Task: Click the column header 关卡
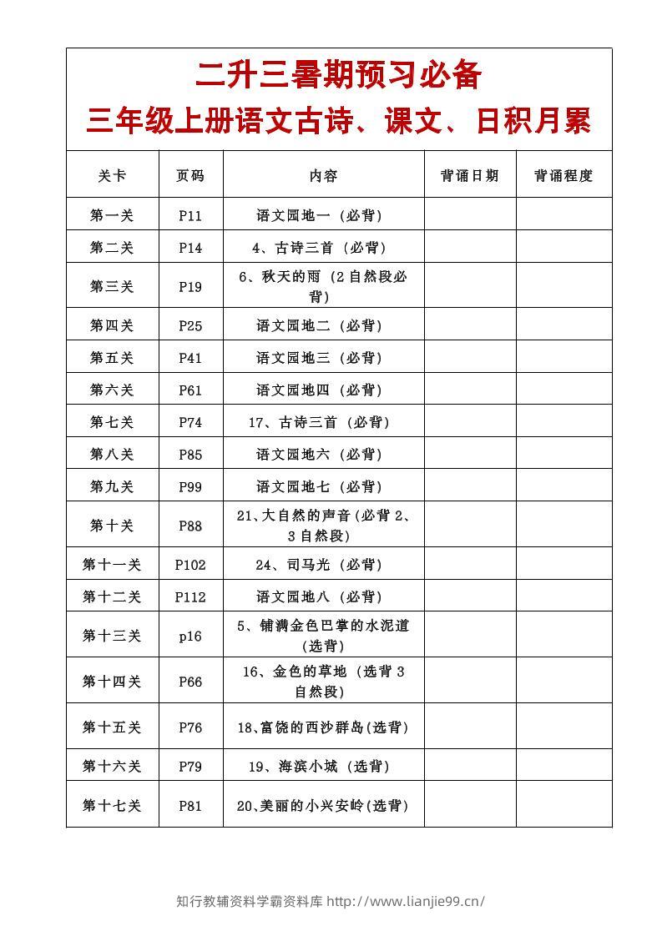pyautogui.click(x=112, y=175)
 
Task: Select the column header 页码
pyautogui.click(x=190, y=175)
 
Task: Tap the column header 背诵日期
pyautogui.click(x=469, y=175)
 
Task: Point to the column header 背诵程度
pyautogui.click(x=563, y=175)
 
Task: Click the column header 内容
pyautogui.click(x=323, y=175)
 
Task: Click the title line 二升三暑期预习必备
pyautogui.click(x=338, y=75)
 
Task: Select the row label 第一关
pyautogui.click(x=112, y=215)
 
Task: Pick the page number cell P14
pyautogui.click(x=190, y=248)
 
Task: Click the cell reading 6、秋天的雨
pyautogui.click(x=323, y=286)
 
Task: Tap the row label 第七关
pyautogui.click(x=112, y=422)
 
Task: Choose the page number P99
pyautogui.click(x=190, y=486)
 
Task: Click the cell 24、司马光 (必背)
pyautogui.click(x=323, y=565)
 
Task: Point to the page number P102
pyautogui.click(x=190, y=565)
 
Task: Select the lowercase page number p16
pyautogui.click(x=190, y=636)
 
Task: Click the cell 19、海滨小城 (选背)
pyautogui.click(x=323, y=766)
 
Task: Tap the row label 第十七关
pyautogui.click(x=112, y=805)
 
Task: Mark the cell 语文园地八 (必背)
pyautogui.click(x=323, y=596)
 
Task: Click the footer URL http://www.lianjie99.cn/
pyautogui.click(x=406, y=901)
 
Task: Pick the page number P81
pyautogui.click(x=190, y=805)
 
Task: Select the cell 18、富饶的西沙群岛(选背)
pyautogui.click(x=323, y=727)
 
